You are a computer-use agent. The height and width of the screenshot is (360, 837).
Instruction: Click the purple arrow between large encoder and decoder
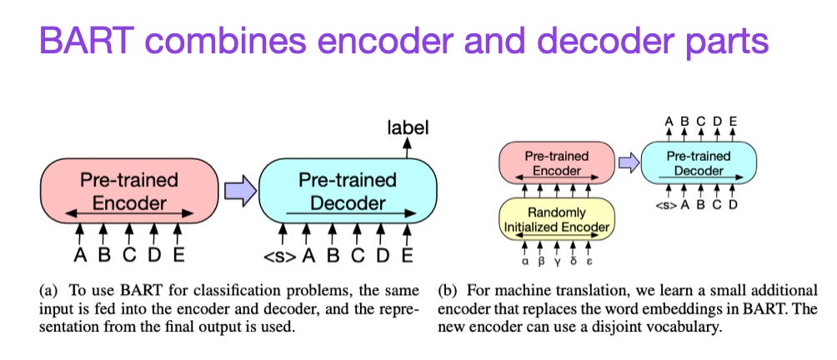coord(240,192)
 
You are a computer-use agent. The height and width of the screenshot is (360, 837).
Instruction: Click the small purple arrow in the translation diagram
coord(628,162)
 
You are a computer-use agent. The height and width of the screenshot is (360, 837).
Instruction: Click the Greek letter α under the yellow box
coord(523,260)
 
